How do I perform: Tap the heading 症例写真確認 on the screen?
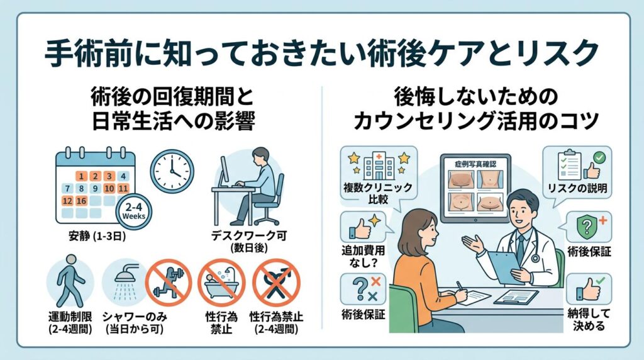(x=476, y=162)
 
